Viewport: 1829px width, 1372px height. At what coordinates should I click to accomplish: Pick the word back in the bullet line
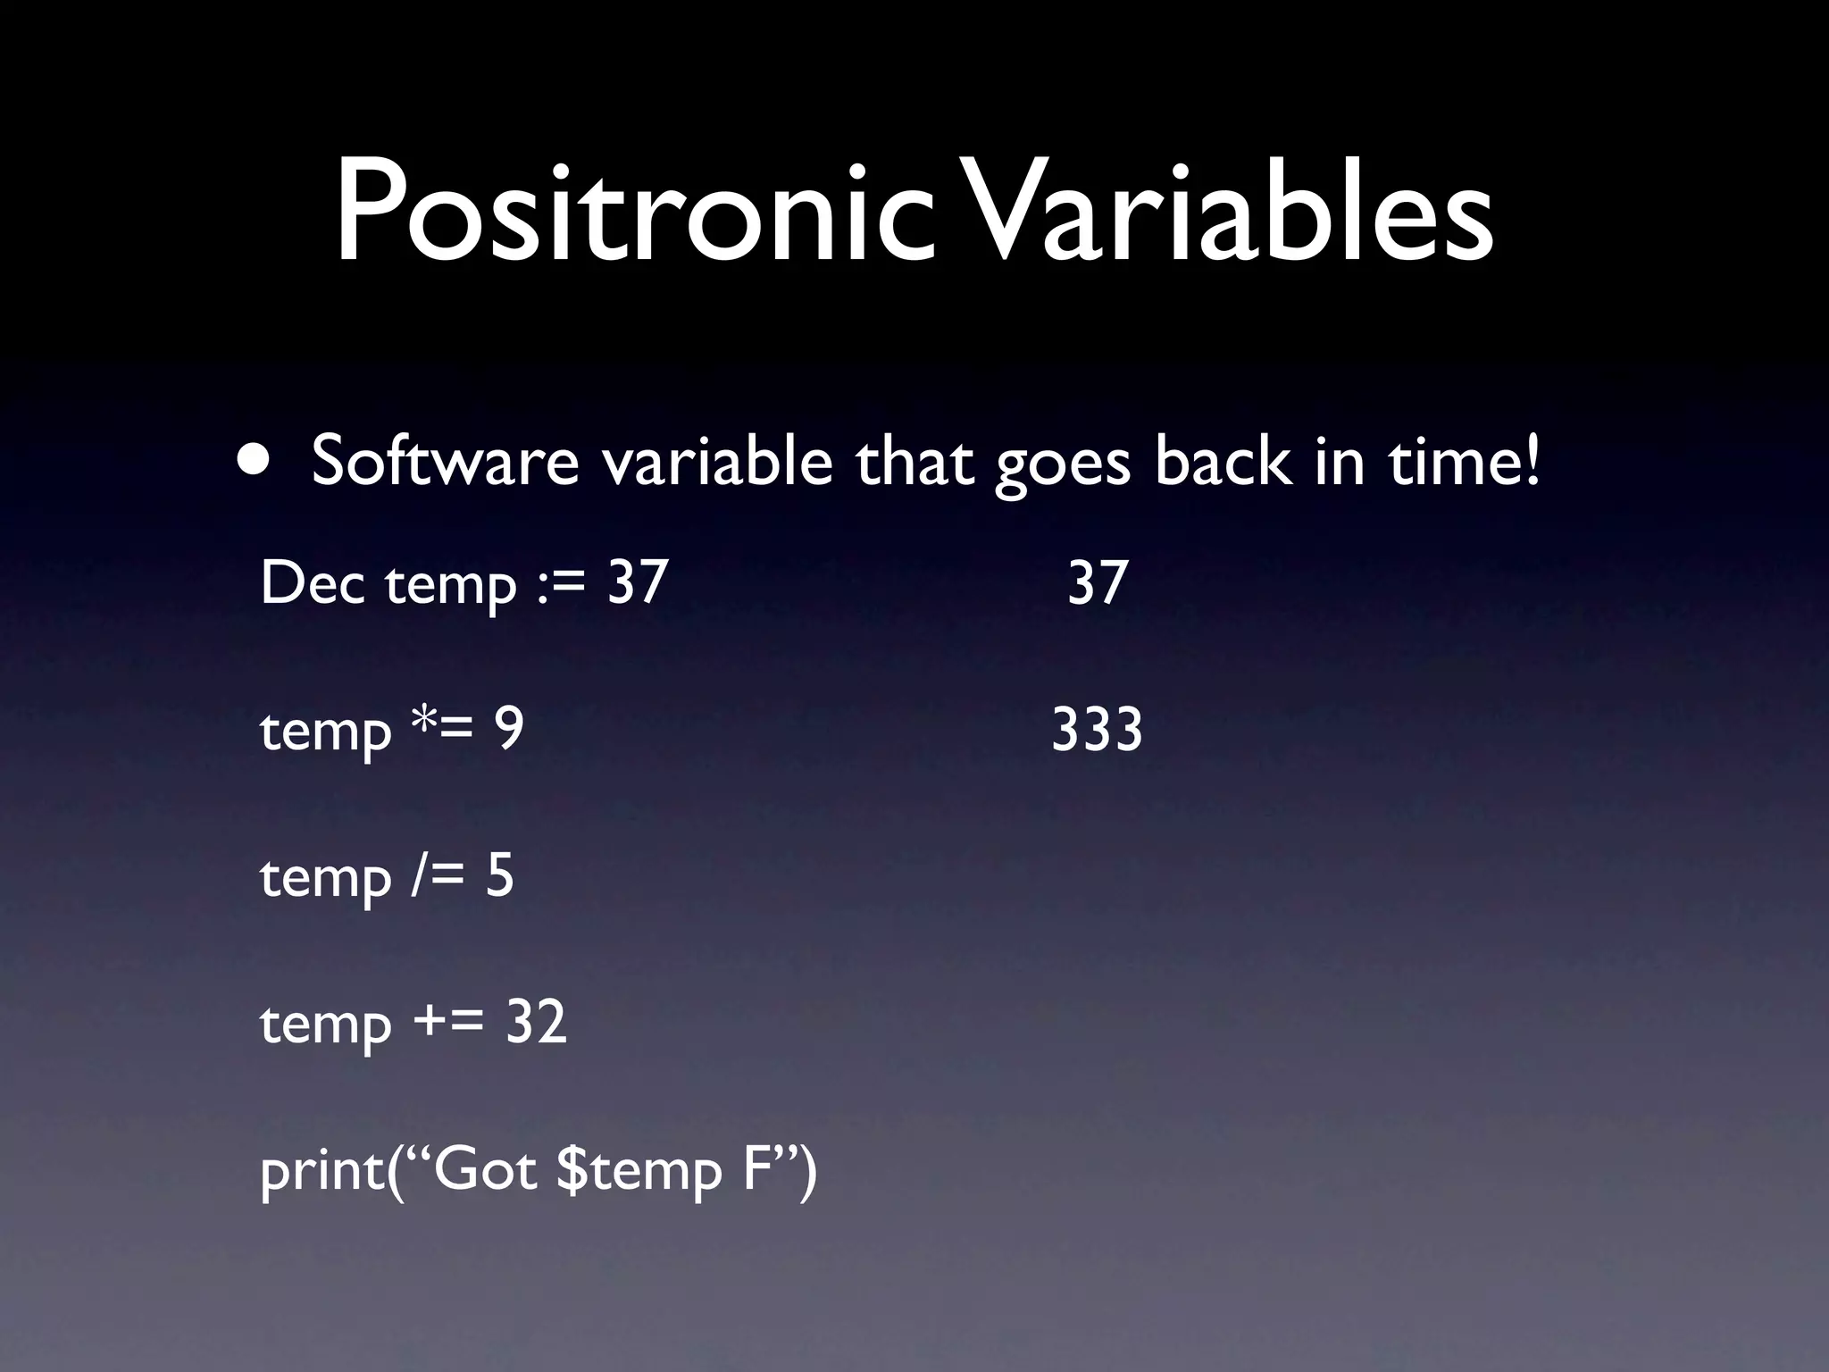tap(1223, 462)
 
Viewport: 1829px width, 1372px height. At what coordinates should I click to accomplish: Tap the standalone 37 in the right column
tap(1098, 583)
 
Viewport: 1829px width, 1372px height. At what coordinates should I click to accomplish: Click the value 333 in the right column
tap(1097, 730)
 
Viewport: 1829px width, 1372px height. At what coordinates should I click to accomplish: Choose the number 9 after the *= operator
tap(509, 730)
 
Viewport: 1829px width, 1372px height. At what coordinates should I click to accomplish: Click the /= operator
tap(437, 876)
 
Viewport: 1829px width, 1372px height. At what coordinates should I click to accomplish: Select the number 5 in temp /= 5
tap(499, 876)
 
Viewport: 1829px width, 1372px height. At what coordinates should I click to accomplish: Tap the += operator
tap(448, 1024)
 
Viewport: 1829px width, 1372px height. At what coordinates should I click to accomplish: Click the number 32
tap(536, 1023)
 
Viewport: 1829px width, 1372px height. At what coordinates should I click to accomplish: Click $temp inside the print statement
tap(638, 1171)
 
